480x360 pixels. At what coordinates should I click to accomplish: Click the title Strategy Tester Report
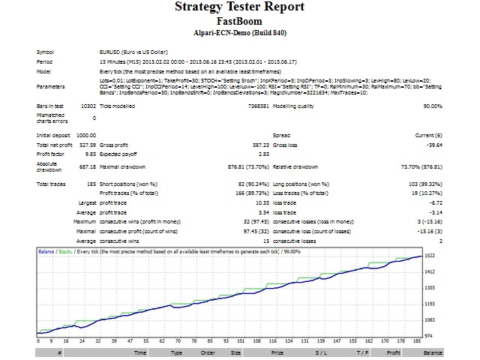239,7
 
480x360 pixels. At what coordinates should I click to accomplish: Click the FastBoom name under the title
239,21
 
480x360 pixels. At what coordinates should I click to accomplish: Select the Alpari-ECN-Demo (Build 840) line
239,33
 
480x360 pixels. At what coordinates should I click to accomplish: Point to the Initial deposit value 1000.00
85,134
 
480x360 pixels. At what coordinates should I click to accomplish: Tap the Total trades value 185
91,184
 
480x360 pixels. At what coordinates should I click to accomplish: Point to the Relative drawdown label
295,167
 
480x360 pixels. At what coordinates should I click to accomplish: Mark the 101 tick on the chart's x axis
238,341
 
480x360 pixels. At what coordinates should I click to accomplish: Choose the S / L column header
321,352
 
